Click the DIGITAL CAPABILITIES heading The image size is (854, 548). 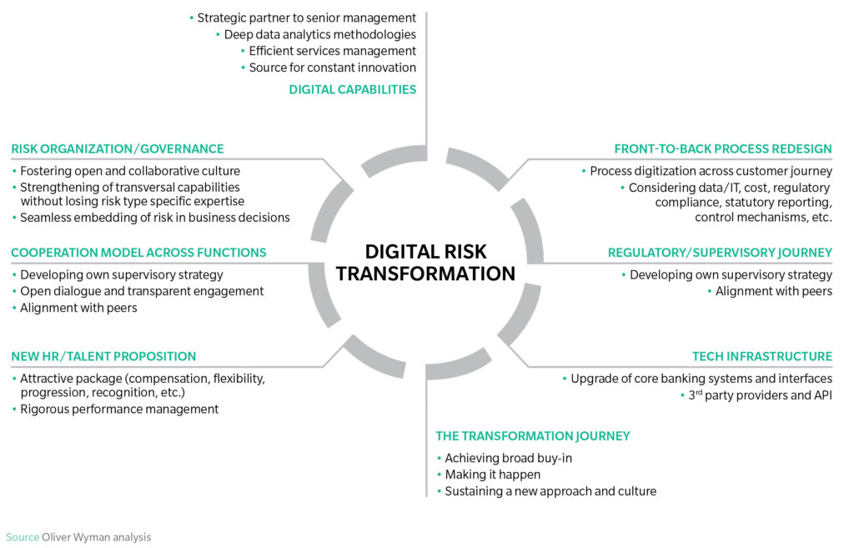(353, 89)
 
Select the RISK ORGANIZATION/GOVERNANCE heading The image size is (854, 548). (118, 148)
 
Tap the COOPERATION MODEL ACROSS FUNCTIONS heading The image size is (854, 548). (139, 253)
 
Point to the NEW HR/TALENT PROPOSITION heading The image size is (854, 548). (103, 356)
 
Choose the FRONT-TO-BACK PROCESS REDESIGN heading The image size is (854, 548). (723, 148)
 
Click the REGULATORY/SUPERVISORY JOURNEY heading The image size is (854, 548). (720, 253)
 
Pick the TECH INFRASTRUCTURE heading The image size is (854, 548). (762, 356)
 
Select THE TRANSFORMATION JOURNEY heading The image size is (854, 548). (533, 435)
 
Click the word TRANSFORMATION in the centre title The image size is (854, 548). (425, 274)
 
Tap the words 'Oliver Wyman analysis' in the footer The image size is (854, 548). (97, 537)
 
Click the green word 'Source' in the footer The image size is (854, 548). (23, 537)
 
